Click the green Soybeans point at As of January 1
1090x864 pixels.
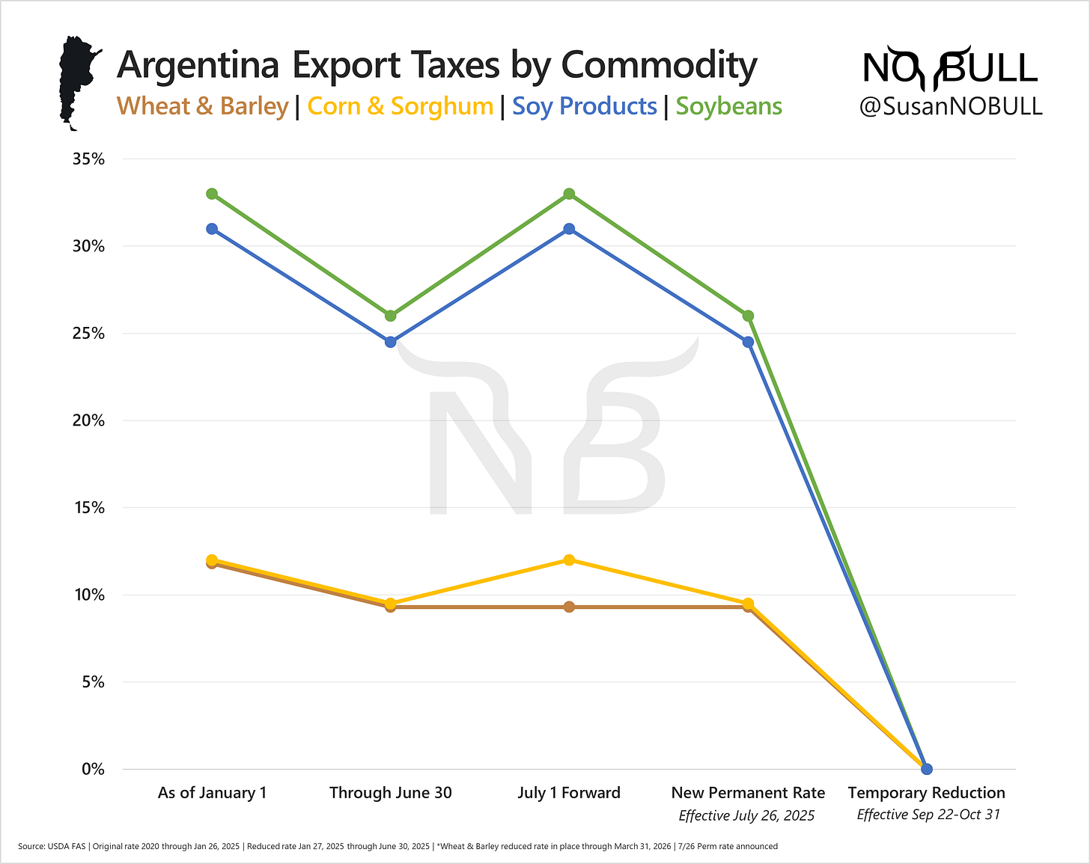pos(212,194)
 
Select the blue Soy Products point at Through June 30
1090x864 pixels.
pos(390,342)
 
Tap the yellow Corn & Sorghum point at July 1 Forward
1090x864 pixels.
pos(569,560)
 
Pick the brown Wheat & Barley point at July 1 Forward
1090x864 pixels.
pos(569,607)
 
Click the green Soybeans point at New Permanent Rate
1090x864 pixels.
pos(748,316)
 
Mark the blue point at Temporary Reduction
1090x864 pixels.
pos(926,769)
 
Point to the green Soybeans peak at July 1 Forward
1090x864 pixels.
pos(569,194)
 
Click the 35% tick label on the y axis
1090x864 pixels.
pos(88,159)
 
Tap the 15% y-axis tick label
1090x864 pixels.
pos(88,508)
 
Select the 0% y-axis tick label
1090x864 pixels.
pos(92,770)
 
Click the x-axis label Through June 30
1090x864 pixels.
pos(390,793)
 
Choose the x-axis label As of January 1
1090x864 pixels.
pos(212,793)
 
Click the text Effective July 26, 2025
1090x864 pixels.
pos(746,815)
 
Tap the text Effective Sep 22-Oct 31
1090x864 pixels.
pos(928,815)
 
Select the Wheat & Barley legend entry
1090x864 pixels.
pos(202,106)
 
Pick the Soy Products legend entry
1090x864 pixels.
pos(584,106)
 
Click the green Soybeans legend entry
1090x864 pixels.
pos(728,106)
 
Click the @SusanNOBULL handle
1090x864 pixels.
pos(951,106)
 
